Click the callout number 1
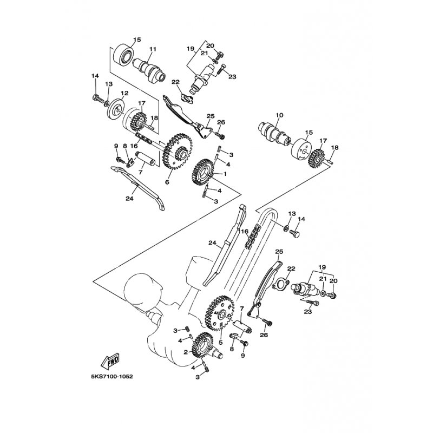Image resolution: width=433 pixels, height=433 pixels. (225, 174)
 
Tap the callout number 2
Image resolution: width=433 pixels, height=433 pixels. (186, 352)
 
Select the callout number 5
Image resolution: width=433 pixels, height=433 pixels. (220, 343)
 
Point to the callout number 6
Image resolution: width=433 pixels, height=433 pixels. (167, 182)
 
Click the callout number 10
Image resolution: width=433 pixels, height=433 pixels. (279, 115)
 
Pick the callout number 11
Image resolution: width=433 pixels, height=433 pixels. (153, 49)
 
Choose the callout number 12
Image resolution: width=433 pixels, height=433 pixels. (124, 93)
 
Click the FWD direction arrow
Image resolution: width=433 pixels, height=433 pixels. (111, 360)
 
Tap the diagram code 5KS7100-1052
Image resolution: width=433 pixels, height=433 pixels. (110, 377)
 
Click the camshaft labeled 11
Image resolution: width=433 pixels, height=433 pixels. (149, 70)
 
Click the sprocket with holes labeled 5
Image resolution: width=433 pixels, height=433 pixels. (220, 313)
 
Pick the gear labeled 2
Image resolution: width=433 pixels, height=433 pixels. (204, 345)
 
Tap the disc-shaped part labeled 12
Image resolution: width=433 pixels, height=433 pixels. (115, 110)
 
